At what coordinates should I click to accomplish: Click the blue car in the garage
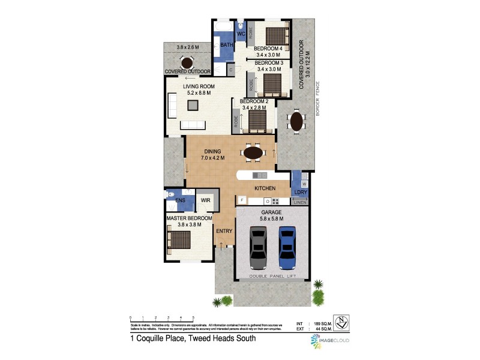[x=288, y=247]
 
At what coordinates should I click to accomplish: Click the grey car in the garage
[x=258, y=247]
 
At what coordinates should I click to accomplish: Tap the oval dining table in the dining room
[x=253, y=153]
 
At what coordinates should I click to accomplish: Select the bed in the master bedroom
[x=179, y=241]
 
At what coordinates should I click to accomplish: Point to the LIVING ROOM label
[x=198, y=87]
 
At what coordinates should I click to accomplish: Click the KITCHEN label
[x=265, y=188]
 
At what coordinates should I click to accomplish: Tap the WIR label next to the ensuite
[x=205, y=200]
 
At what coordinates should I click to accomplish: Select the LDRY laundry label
[x=300, y=192]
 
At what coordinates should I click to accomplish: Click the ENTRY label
[x=224, y=230]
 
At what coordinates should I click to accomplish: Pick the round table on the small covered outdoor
[x=187, y=62]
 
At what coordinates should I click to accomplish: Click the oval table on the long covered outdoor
[x=296, y=122]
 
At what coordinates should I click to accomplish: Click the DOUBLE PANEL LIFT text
[x=273, y=277]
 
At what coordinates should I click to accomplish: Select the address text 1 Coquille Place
[x=193, y=338]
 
